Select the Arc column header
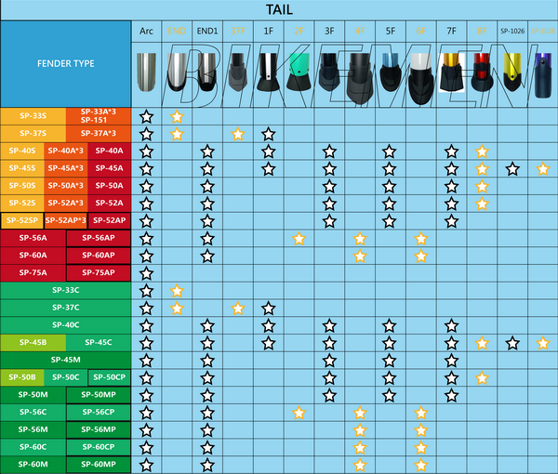click(x=146, y=32)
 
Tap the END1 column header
click(x=207, y=32)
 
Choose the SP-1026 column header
click(x=512, y=32)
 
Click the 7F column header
click(x=451, y=32)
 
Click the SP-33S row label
click(x=33, y=116)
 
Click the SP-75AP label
click(x=98, y=272)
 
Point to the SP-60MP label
click(x=98, y=464)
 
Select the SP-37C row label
click(x=65, y=308)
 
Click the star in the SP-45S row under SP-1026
click(x=512, y=168)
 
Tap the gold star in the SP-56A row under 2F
click(x=299, y=238)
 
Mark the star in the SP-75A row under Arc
click(x=146, y=272)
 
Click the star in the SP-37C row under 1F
click(x=268, y=308)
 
